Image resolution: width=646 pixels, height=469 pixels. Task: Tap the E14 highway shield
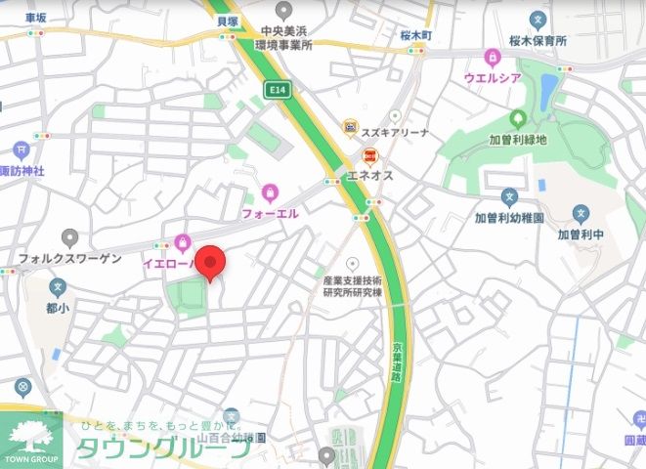[279, 89]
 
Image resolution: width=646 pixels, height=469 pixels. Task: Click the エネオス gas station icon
[370, 155]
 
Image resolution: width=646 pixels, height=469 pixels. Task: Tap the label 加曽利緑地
[517, 140]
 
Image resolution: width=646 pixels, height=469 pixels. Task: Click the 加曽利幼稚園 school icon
[509, 198]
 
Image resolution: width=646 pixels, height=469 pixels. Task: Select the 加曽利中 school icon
[581, 214]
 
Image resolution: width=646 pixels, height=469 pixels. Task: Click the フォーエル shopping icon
[270, 192]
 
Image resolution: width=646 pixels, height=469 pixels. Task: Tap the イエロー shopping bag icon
[183, 241]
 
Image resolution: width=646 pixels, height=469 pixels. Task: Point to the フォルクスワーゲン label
[69, 258]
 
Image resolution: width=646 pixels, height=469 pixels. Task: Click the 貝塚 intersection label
[227, 20]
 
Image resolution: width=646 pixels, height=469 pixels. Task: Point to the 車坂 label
[36, 17]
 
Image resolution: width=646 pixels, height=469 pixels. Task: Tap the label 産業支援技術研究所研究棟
[353, 285]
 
